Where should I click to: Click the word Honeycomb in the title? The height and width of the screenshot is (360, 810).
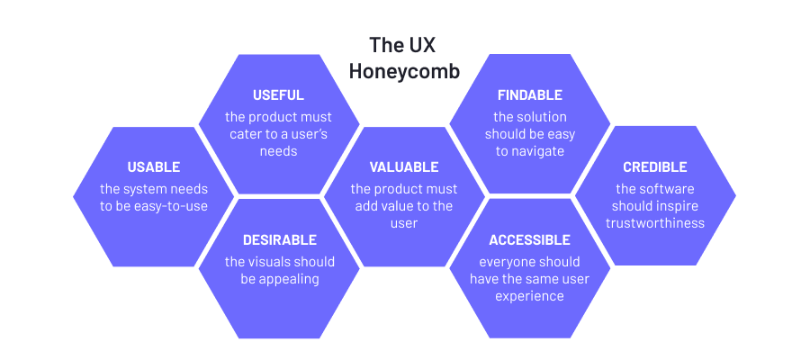coord(404,70)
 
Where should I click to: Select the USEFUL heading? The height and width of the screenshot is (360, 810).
coord(278,94)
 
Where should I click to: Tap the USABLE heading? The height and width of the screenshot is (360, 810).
coord(153,166)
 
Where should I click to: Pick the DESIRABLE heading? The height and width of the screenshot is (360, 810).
coord(279,239)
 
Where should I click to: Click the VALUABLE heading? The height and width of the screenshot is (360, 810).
coord(404,166)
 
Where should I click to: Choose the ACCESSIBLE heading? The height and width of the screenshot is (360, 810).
coord(529,239)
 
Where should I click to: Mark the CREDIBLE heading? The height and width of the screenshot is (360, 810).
coord(654,166)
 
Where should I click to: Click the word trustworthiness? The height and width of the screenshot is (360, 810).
coord(654,223)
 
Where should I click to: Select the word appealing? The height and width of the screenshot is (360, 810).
coord(289,279)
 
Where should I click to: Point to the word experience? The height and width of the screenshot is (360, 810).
coord(529,296)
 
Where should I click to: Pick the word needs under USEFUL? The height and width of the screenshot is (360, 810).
coord(278,151)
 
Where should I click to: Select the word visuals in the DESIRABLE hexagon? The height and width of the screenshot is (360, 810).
coord(272,262)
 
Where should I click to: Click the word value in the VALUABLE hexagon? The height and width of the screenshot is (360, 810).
coord(405,206)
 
